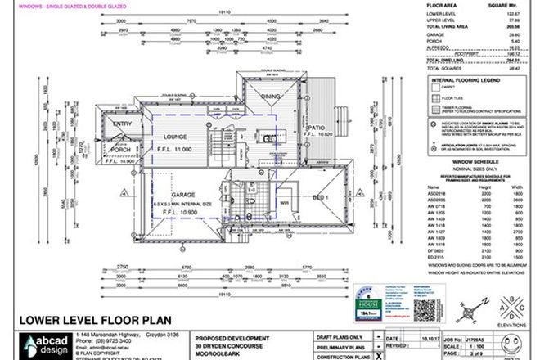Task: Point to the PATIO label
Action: coord(315,128)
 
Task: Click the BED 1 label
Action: coord(322,197)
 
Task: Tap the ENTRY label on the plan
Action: coord(121,124)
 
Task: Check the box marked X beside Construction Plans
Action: coord(377,357)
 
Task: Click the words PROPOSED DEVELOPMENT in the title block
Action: coord(231,338)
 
